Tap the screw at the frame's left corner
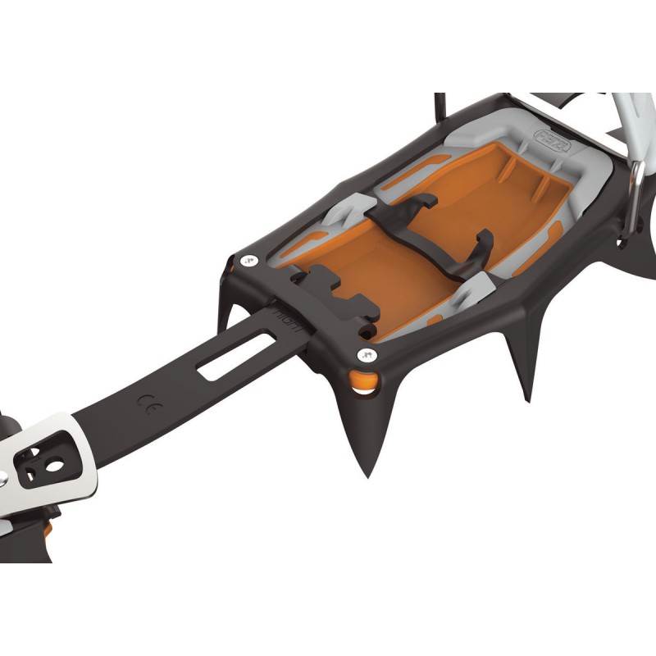248,262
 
